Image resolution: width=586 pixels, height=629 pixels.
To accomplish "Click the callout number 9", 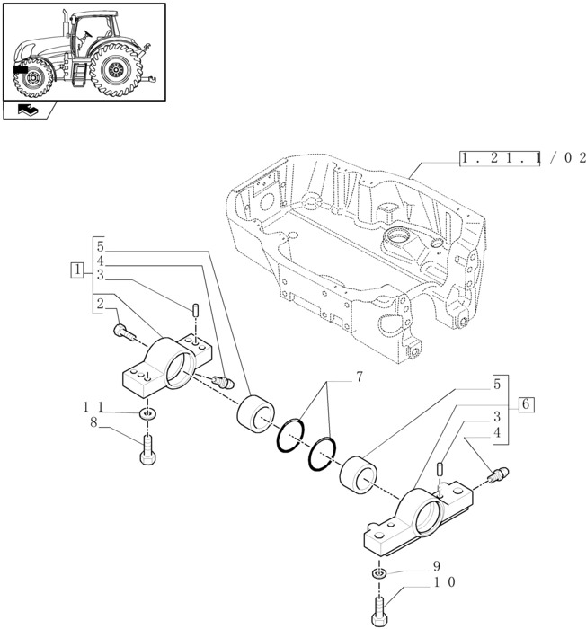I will [437, 567].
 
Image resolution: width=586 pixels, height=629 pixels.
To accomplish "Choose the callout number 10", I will [443, 582].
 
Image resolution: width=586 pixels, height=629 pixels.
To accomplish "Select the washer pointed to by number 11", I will [147, 413].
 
